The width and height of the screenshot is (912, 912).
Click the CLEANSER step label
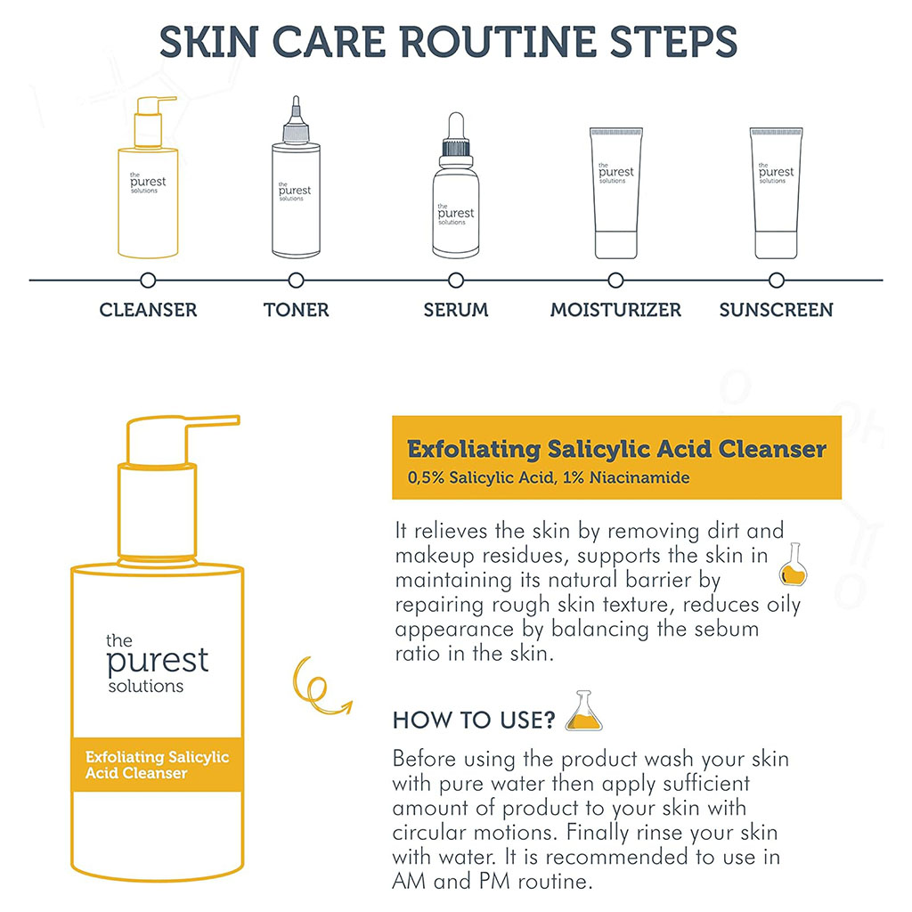point(148,310)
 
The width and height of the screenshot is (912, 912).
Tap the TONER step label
point(296,310)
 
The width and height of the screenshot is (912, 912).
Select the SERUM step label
point(455,310)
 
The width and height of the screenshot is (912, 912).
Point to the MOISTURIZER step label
point(615,310)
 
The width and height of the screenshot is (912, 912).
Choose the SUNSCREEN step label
point(776,310)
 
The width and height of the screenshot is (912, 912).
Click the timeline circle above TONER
point(297,281)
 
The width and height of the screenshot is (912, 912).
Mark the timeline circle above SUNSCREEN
point(776,281)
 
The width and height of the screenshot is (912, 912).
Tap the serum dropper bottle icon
point(455,187)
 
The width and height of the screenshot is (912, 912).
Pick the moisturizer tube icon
point(615,191)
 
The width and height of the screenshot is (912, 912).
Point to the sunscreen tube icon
point(776,191)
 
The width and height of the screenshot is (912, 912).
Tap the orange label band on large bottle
point(157,764)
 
